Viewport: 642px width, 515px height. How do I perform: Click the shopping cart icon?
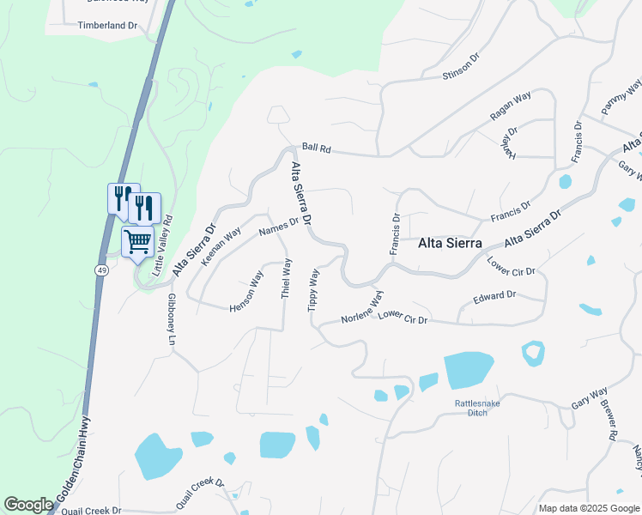pos(137,241)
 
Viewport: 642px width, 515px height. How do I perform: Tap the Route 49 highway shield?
pos(101,269)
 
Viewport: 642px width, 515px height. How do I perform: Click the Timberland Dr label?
pos(107,26)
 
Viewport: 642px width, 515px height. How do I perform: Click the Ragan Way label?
pos(511,109)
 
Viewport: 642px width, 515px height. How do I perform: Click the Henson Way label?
pos(246,292)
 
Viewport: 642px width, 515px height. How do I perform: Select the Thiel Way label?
pos(287,278)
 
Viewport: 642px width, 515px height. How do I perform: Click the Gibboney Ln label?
pos(171,319)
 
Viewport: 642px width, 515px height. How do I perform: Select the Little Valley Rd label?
pos(162,245)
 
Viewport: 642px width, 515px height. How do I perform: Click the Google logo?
pos(28,505)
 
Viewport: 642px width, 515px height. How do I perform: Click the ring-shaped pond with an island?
pos(533,352)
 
